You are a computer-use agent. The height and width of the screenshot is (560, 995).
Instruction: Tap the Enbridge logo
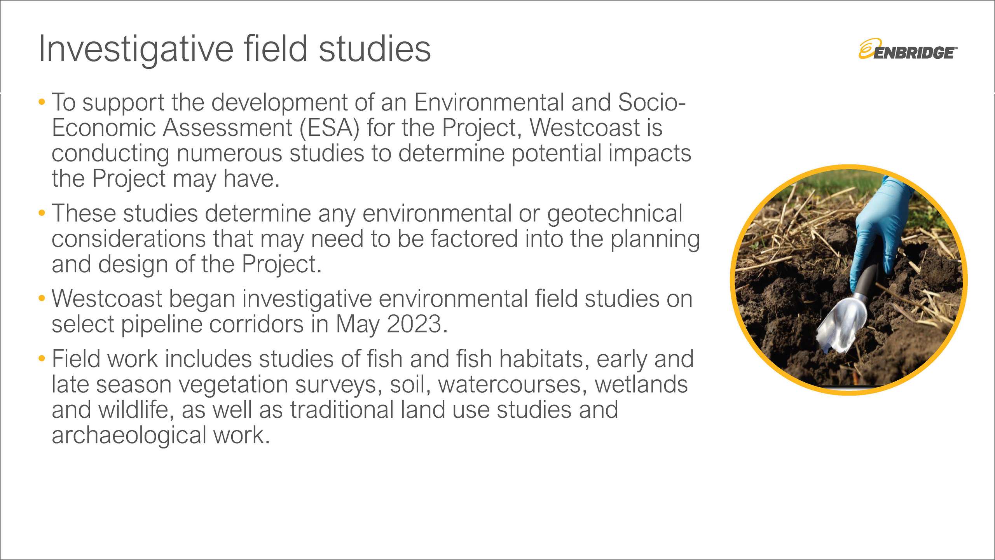coord(908,49)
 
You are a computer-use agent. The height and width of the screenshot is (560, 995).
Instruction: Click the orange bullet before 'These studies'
coord(42,213)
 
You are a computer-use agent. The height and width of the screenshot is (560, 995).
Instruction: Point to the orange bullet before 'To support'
coord(42,102)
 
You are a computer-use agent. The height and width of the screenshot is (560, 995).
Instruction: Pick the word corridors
coord(257,324)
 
